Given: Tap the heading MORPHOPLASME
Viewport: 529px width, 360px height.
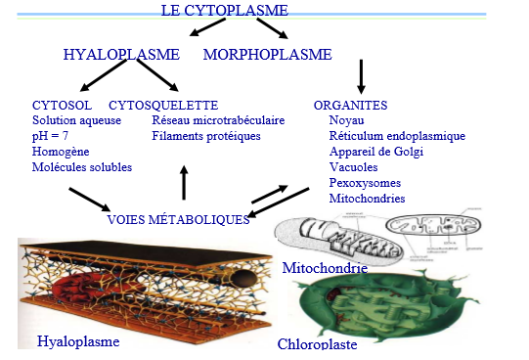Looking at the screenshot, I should (x=267, y=54).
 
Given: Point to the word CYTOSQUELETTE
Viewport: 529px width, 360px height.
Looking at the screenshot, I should (x=163, y=105).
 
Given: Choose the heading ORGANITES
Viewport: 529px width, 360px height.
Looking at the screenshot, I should (x=350, y=105).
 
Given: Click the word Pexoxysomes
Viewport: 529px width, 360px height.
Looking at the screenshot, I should (x=365, y=183).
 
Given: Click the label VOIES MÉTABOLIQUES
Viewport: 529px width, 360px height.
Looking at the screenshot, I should (x=178, y=220).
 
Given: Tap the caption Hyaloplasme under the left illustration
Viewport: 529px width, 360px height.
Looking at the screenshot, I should (x=78, y=341).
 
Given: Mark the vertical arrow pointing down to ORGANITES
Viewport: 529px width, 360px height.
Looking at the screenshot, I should (x=362, y=76).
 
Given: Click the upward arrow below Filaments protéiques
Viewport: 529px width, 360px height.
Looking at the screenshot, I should (x=184, y=182).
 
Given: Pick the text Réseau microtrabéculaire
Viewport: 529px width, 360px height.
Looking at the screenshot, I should (x=218, y=120).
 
